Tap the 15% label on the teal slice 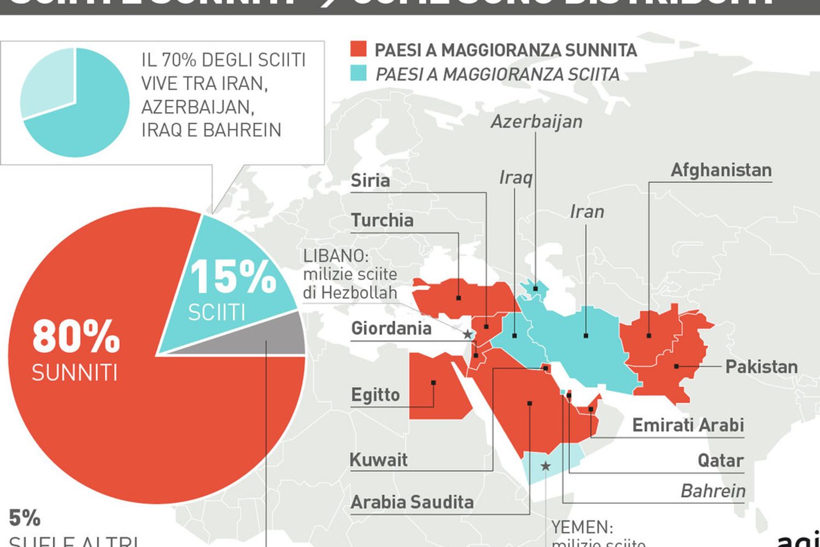click(233, 276)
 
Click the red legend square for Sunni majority click(358, 49)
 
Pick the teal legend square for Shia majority click(358, 73)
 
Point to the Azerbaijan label click(536, 121)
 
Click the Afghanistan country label click(721, 170)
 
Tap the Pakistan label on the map click(761, 366)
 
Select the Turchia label click(382, 220)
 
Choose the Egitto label click(376, 394)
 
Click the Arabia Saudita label click(412, 502)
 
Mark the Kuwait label click(378, 459)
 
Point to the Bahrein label click(713, 491)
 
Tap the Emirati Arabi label click(688, 425)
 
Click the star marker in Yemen click(545, 466)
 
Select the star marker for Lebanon click(467, 334)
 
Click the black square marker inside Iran click(585, 335)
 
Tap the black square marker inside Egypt click(433, 382)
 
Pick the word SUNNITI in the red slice click(74, 373)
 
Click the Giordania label click(391, 328)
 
